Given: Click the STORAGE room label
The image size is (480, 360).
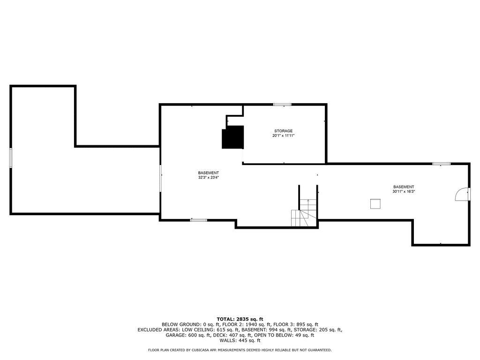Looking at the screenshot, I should point(284,131).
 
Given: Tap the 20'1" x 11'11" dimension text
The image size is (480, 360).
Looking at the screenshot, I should point(284,135).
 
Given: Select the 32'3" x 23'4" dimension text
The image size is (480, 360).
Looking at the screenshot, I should point(208,178).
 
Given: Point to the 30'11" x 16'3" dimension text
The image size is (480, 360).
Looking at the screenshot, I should point(404,191).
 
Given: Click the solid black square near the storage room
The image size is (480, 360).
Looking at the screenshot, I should point(233,137).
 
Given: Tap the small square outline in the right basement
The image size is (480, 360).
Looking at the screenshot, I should point(375,203).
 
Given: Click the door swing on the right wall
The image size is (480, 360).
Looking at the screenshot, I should point(462,194).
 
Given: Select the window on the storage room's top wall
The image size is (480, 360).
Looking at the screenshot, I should point(282,104).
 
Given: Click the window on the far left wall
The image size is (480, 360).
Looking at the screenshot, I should point(11,157).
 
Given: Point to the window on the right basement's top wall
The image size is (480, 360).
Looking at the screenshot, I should point(441,164).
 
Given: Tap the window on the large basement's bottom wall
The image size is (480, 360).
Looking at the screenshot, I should point(199,220).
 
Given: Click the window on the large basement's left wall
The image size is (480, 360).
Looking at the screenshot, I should point(160,178).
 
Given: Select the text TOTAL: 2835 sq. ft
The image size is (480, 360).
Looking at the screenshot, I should point(240,319).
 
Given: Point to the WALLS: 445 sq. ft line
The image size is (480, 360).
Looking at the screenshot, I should point(240,341).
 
